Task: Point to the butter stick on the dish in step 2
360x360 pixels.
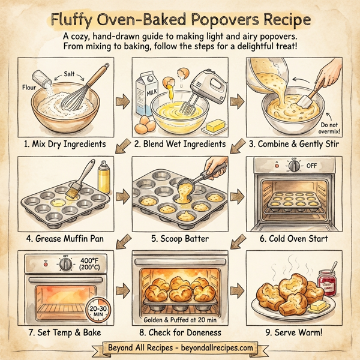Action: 214,126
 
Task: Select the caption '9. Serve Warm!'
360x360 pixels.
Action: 298,332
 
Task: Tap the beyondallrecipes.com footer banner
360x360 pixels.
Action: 180,348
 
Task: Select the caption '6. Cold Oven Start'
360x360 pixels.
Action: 298,238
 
